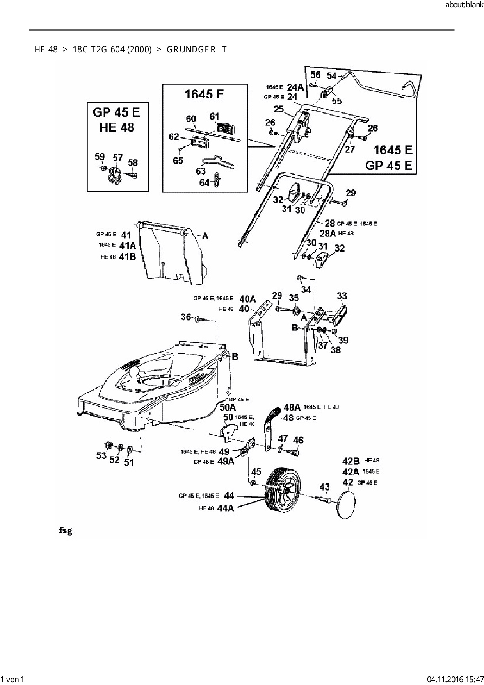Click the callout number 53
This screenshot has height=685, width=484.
[101, 455]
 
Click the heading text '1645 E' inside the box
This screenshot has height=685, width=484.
[204, 94]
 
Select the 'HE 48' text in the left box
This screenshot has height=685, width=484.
[117, 127]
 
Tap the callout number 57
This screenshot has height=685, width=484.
[118, 158]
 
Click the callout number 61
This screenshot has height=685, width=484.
[215, 116]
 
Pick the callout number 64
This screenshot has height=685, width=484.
[204, 182]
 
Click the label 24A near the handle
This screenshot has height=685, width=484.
[295, 87]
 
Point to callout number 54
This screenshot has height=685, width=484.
[331, 75]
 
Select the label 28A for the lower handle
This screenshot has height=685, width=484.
[328, 233]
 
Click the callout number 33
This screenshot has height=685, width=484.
[342, 296]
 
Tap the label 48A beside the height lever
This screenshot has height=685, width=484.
[292, 407]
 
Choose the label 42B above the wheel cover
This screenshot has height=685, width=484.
[350, 461]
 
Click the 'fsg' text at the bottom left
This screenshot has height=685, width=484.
[65, 531]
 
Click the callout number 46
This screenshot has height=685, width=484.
[298, 440]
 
